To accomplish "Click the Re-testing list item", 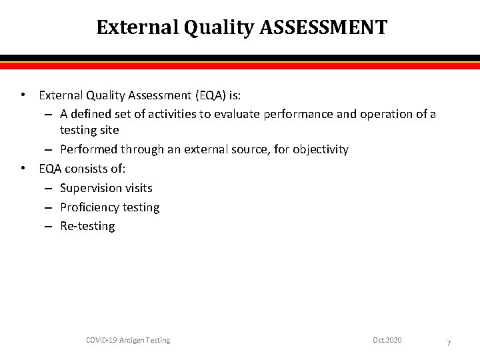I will pyautogui.click(x=87, y=226).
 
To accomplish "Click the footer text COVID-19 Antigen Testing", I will pyautogui.click(x=128, y=340).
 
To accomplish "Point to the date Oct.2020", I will pyautogui.click(x=387, y=340).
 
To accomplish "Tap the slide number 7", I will pyautogui.click(x=449, y=343).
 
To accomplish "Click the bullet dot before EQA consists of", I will pyautogui.click(x=24, y=169).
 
